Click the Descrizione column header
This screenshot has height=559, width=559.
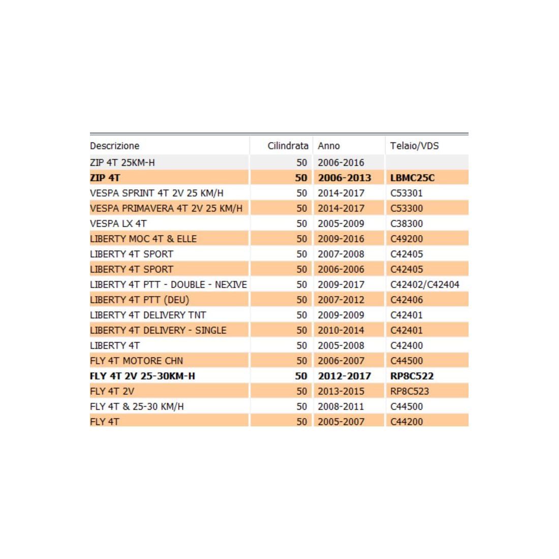tap(115, 146)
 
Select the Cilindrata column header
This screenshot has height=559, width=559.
tap(288, 146)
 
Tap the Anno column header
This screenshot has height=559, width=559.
tap(329, 146)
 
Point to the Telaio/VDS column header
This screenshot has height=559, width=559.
tap(414, 146)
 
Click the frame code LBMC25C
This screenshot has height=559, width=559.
tap(412, 178)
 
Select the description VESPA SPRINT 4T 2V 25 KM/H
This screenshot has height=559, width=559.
tap(157, 193)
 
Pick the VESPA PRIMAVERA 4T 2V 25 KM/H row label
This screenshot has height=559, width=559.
tap(166, 208)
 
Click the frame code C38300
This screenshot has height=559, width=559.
tap(407, 224)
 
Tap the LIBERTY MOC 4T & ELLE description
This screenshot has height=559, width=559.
tap(143, 239)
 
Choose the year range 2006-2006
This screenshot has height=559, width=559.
tap(341, 269)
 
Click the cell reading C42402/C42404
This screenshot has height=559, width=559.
tap(425, 285)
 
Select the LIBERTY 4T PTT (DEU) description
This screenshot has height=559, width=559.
tap(139, 300)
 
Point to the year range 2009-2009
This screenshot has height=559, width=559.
tap(341, 315)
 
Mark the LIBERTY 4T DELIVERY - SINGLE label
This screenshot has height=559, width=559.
tap(158, 330)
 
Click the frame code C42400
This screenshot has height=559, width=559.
tap(407, 346)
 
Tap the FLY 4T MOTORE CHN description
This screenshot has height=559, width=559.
tap(136, 361)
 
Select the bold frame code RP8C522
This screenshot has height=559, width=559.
tap(412, 376)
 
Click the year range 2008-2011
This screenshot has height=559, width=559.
tap(341, 407)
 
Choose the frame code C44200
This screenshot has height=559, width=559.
tap(407, 421)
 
